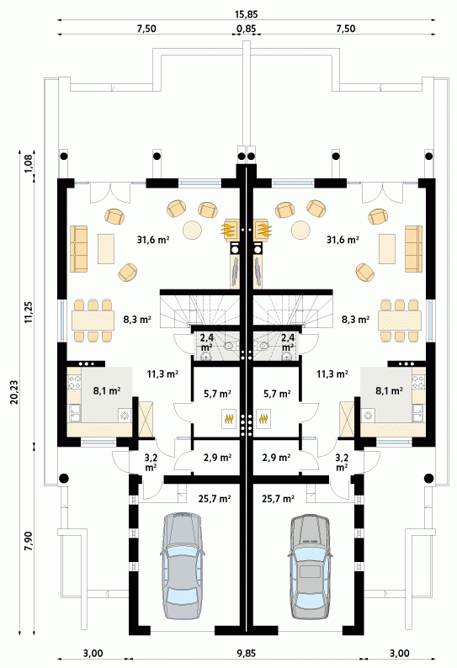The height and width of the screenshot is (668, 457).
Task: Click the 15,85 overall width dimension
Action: click(246, 13)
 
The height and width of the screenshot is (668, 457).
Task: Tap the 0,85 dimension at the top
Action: click(246, 29)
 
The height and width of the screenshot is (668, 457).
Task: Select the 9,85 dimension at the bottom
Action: click(246, 653)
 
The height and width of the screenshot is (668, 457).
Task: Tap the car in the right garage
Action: click(310, 566)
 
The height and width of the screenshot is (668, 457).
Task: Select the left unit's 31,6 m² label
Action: click(153, 240)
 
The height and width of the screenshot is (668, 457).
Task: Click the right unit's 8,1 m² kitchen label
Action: click(389, 390)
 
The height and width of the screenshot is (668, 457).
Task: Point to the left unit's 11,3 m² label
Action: click(162, 374)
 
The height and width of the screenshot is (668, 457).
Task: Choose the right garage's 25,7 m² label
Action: click(278, 498)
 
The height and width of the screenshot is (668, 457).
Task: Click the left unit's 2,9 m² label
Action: click(217, 458)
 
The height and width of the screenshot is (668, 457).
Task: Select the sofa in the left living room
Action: click(79, 249)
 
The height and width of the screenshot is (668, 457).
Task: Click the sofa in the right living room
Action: click(413, 249)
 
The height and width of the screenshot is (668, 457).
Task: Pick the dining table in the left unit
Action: click(93, 321)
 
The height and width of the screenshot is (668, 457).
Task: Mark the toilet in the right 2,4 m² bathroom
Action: click(263, 346)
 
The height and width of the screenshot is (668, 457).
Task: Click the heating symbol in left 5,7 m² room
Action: click(230, 419)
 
